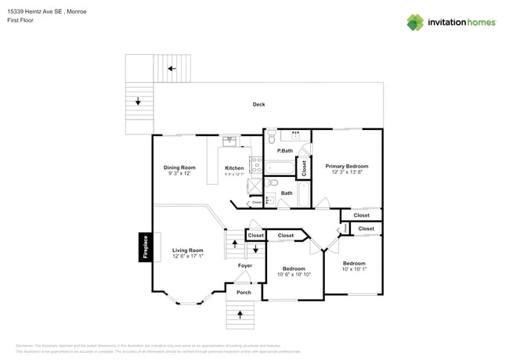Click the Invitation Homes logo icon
[416, 22]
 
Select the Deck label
[258, 105]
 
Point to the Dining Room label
[179, 167]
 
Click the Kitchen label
[234, 168]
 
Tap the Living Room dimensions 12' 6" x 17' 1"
[188, 256]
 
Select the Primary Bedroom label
[347, 166]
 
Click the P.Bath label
[284, 150]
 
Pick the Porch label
[244, 294]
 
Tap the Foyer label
[245, 265]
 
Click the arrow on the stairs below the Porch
[240, 315]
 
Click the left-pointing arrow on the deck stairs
[171, 69]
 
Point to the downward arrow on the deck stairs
[138, 100]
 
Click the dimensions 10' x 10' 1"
[354, 269]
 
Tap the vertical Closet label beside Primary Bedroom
[304, 167]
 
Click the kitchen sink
[229, 142]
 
